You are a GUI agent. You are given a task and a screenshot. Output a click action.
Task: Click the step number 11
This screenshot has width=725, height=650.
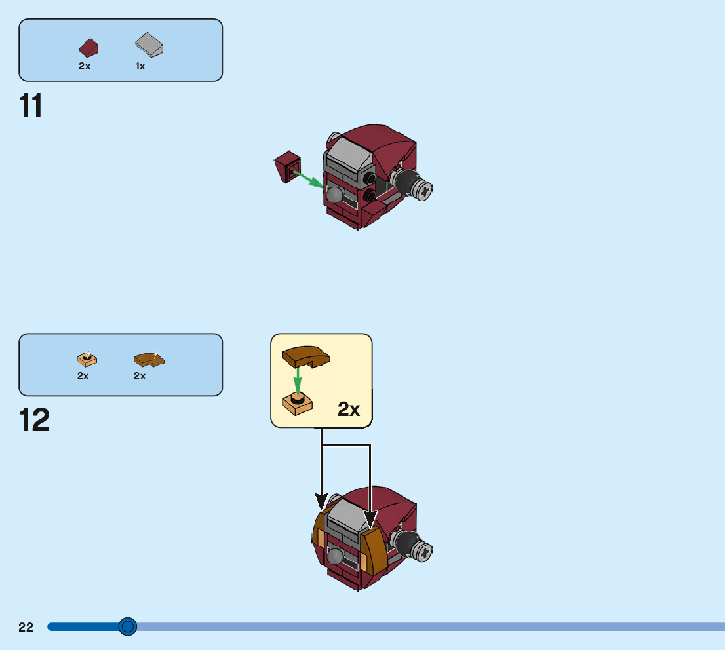point(31,106)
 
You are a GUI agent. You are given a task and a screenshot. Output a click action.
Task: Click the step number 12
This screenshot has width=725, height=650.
point(34,421)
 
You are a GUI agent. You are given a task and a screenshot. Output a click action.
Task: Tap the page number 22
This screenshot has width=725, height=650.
point(26,627)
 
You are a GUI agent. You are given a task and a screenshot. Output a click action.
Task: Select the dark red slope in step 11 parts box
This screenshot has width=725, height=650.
point(90,48)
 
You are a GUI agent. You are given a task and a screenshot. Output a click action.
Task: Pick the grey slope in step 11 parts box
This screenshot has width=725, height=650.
point(149,45)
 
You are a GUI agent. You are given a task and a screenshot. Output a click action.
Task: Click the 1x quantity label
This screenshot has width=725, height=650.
point(140,66)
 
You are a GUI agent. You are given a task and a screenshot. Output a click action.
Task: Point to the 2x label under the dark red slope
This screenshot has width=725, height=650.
point(85,66)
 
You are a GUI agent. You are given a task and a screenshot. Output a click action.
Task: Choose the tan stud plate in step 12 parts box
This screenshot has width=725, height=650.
point(87,358)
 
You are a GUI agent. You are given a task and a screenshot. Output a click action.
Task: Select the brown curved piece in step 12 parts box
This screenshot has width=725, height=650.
point(149,358)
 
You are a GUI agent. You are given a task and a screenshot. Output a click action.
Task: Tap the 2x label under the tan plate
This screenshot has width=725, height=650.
point(83,376)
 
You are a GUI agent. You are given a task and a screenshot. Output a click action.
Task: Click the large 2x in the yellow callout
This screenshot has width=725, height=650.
point(349,410)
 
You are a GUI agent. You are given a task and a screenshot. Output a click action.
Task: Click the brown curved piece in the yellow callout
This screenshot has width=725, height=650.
point(305,356)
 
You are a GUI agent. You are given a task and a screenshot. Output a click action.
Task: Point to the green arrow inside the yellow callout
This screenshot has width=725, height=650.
point(298,379)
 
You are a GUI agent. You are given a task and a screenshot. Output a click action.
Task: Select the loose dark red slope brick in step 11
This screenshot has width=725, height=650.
point(287,166)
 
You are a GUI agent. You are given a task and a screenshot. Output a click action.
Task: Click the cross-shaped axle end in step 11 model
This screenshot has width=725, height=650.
point(424,191)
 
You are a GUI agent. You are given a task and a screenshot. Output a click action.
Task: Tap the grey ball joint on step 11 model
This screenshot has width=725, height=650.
point(336,195)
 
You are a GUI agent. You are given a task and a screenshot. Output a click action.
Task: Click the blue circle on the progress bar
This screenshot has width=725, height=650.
point(128,626)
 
